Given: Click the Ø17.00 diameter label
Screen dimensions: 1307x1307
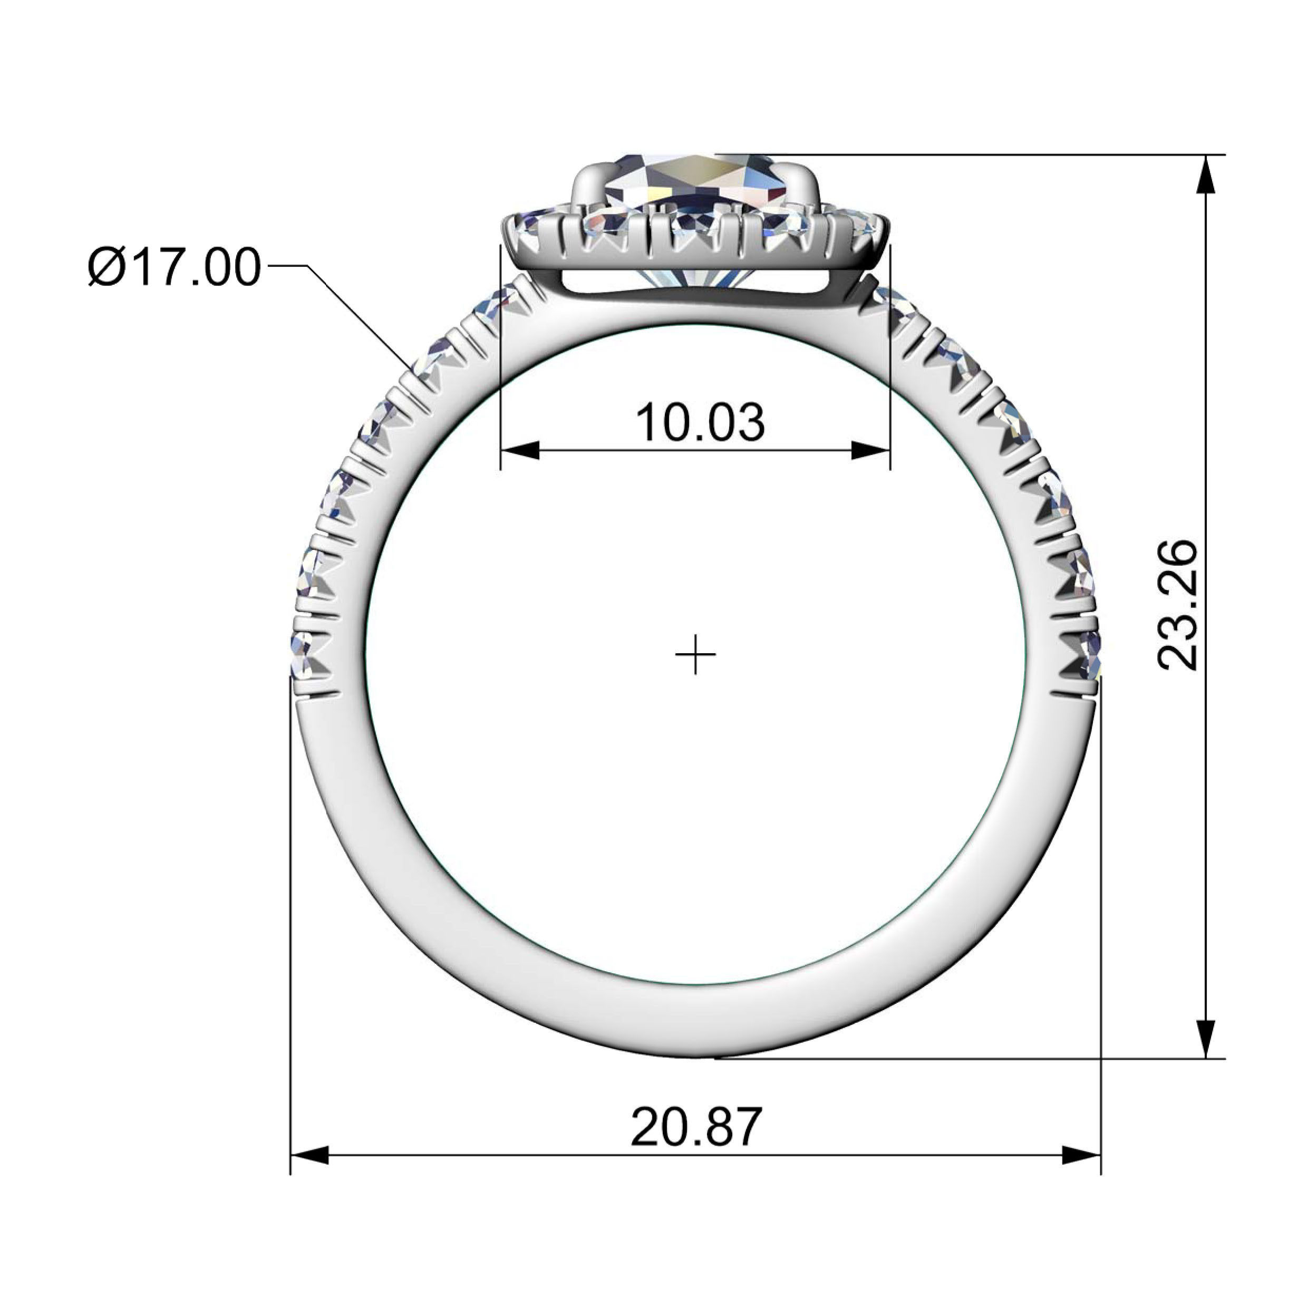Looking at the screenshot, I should tap(175, 267).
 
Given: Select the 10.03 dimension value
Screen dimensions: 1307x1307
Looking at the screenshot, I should tap(700, 423).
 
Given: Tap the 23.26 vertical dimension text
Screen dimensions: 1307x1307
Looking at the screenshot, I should tap(1178, 605).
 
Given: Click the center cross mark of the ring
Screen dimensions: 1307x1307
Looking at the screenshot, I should tap(695, 655).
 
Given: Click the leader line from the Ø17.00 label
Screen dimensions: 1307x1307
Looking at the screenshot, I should tap(359, 318).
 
